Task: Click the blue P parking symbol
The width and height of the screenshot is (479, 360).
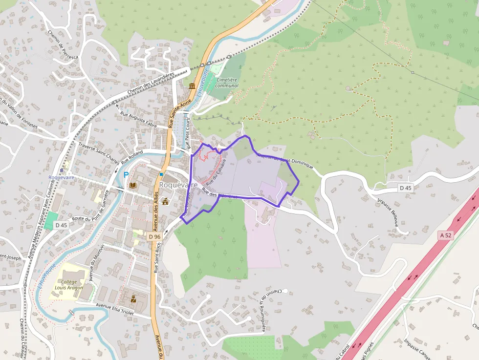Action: [x=126, y=174]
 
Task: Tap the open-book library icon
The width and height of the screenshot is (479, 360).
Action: [x=133, y=186]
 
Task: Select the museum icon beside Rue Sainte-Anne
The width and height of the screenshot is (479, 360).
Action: [x=192, y=86]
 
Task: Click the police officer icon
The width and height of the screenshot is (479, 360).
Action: [x=133, y=298]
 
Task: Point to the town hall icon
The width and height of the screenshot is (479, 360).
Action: [x=165, y=201]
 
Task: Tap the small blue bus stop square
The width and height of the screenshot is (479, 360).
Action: [x=161, y=174]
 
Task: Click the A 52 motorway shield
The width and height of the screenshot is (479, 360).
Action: [x=445, y=235]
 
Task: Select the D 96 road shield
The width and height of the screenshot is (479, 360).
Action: [x=154, y=236]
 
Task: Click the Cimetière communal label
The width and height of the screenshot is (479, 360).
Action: [x=227, y=83]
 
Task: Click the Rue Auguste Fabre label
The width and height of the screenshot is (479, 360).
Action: [x=142, y=119]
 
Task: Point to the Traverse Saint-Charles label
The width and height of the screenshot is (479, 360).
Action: [x=99, y=152]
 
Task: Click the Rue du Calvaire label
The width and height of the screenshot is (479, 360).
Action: [x=218, y=169]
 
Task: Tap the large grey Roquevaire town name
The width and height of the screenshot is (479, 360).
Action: [x=178, y=185]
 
